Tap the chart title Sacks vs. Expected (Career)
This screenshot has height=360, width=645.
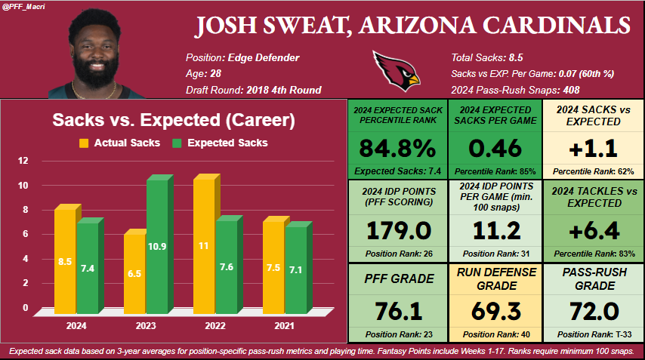[173, 120]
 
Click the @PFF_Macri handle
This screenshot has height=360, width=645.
[24, 6]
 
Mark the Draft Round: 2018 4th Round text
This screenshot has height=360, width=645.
[254, 90]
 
